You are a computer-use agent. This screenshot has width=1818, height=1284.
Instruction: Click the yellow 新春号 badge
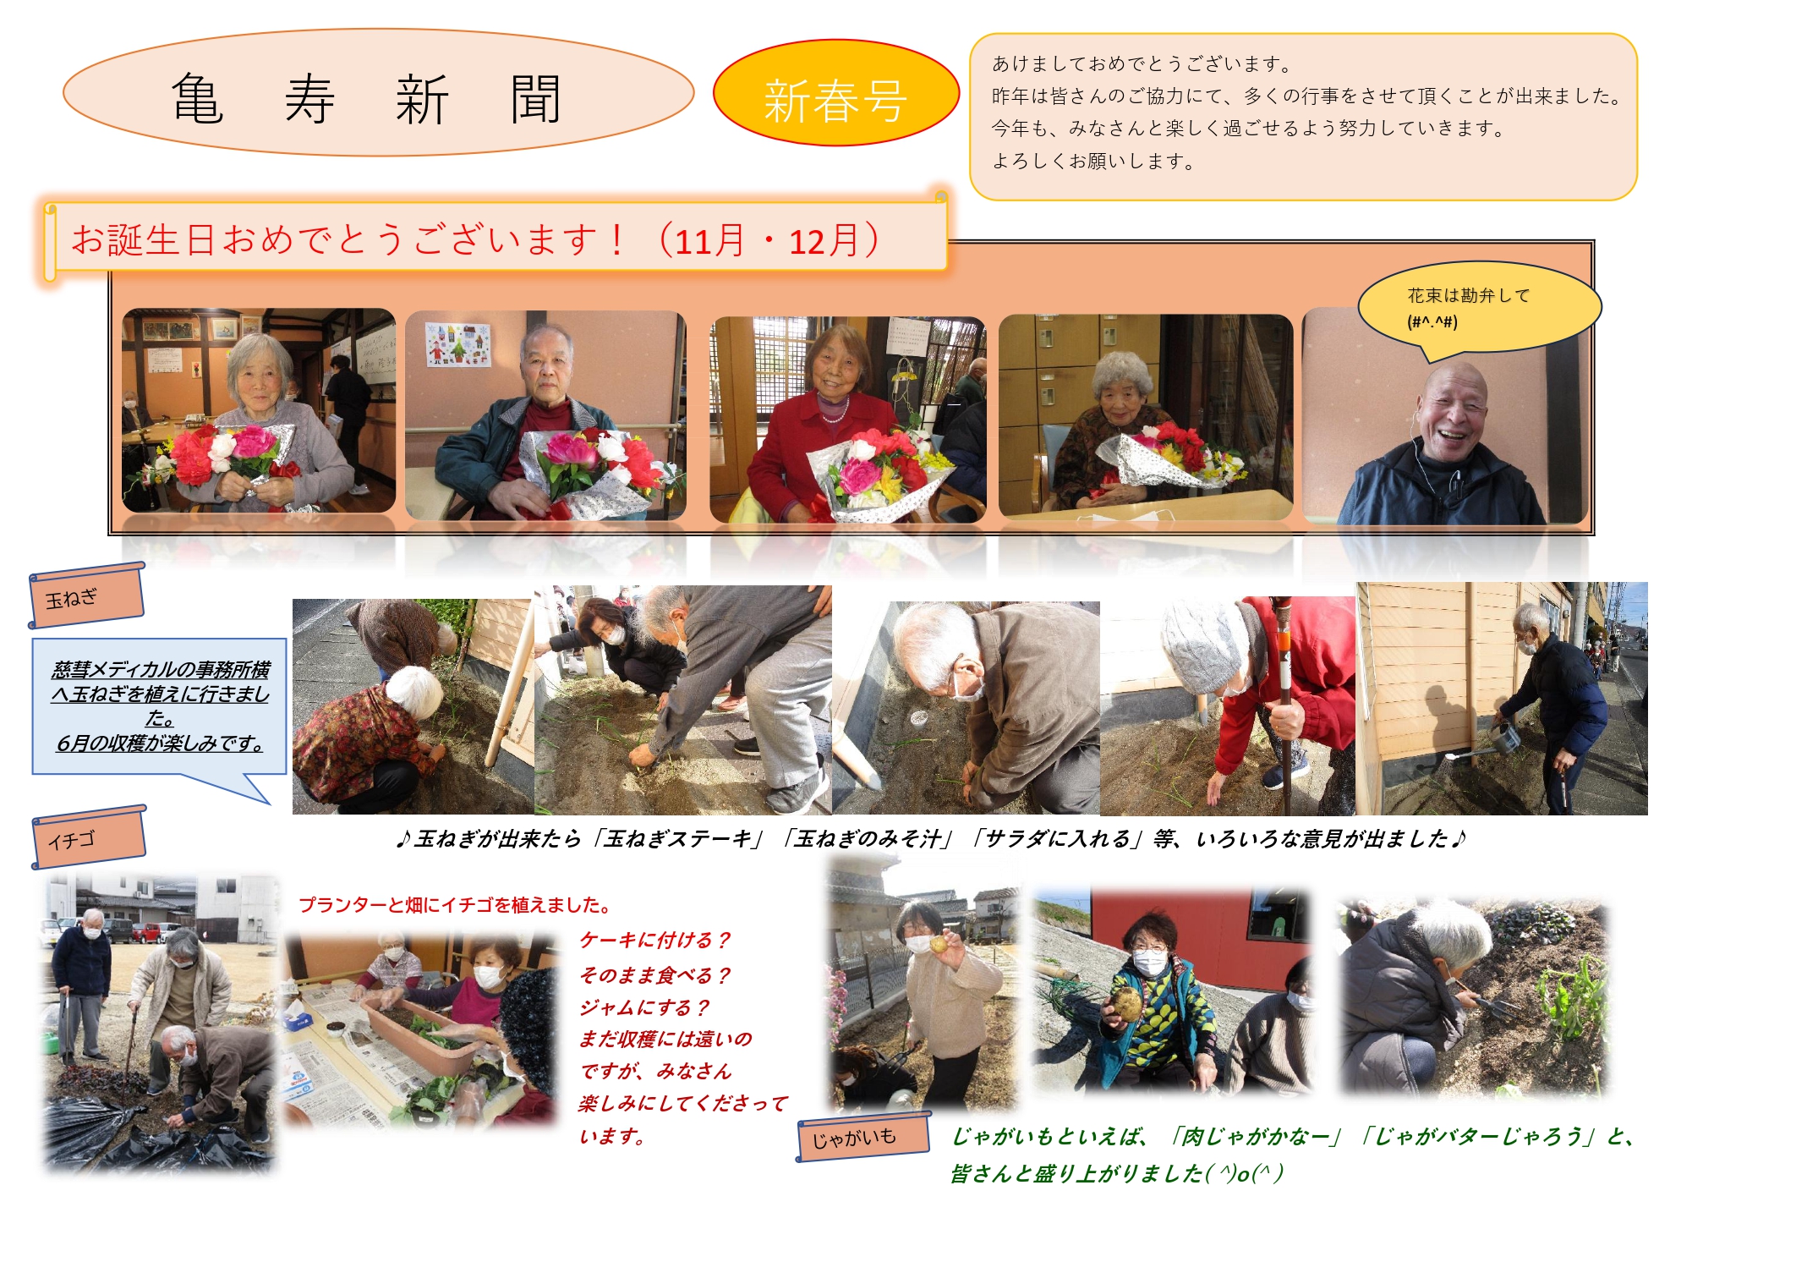(835, 93)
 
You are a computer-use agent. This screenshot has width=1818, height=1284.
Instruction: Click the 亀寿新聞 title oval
(378, 93)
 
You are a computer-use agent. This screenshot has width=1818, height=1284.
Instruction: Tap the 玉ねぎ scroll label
(86, 595)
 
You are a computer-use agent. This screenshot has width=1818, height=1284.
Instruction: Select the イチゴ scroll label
(89, 837)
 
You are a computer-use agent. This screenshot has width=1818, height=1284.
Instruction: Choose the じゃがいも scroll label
(862, 1136)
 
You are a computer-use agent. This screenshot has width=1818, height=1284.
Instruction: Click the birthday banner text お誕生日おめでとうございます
(348, 240)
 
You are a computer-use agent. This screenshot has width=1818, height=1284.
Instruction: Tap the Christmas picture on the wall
(458, 344)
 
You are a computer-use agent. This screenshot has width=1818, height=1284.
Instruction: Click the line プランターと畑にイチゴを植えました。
(455, 905)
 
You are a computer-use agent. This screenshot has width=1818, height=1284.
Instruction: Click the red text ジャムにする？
(644, 1007)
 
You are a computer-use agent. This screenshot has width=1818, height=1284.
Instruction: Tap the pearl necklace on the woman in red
(833, 411)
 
